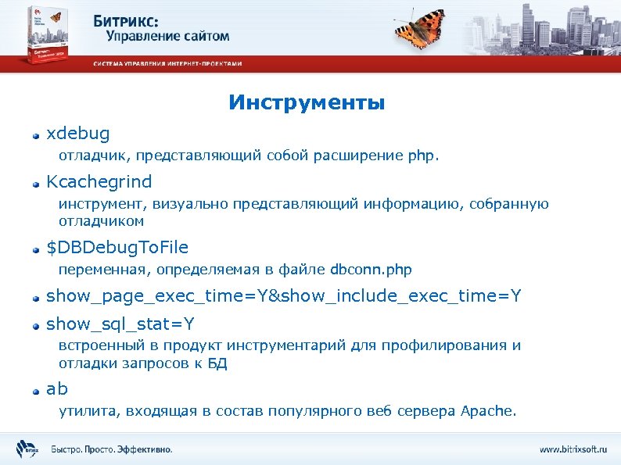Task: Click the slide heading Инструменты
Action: coord(307,103)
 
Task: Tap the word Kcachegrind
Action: coord(99,181)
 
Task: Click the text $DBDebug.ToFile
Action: coord(117,248)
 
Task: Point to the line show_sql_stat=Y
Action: coord(120,323)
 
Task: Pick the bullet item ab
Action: coord(57,388)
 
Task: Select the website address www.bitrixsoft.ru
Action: coord(573,449)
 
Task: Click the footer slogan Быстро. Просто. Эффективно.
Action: coord(112,449)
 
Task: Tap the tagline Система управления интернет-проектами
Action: coord(168,63)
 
